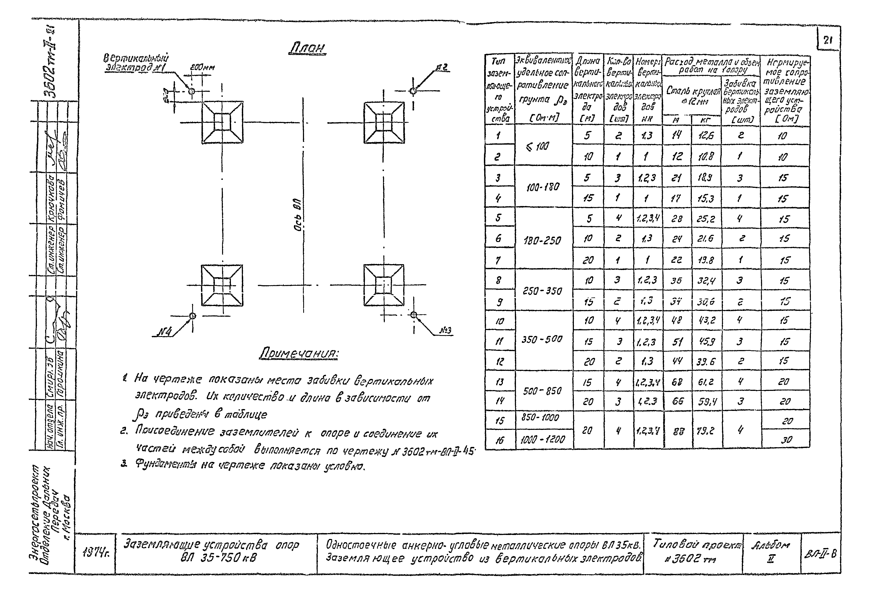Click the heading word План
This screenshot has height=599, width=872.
coord(307,48)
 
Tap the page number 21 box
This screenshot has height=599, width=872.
coord(828,41)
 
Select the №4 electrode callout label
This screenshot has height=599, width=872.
coord(163,332)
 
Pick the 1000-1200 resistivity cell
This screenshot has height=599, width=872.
coord(542,439)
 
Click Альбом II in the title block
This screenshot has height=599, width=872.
coord(771,551)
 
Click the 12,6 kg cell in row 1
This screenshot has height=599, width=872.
coord(706,136)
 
